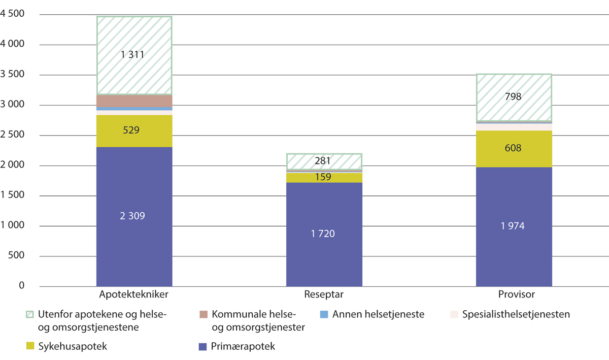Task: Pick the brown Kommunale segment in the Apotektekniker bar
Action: point(134,101)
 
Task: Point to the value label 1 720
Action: point(324,234)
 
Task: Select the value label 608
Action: point(514,149)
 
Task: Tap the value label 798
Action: point(514,96)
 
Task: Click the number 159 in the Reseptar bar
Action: point(324,178)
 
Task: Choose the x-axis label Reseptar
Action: point(324,294)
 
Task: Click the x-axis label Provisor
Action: point(514,294)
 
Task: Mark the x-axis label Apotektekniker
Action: point(134,294)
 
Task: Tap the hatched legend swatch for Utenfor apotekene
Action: point(30,315)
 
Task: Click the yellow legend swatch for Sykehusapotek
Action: point(30,346)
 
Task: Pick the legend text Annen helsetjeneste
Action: point(378,315)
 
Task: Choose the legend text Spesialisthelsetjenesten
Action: point(516,315)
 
